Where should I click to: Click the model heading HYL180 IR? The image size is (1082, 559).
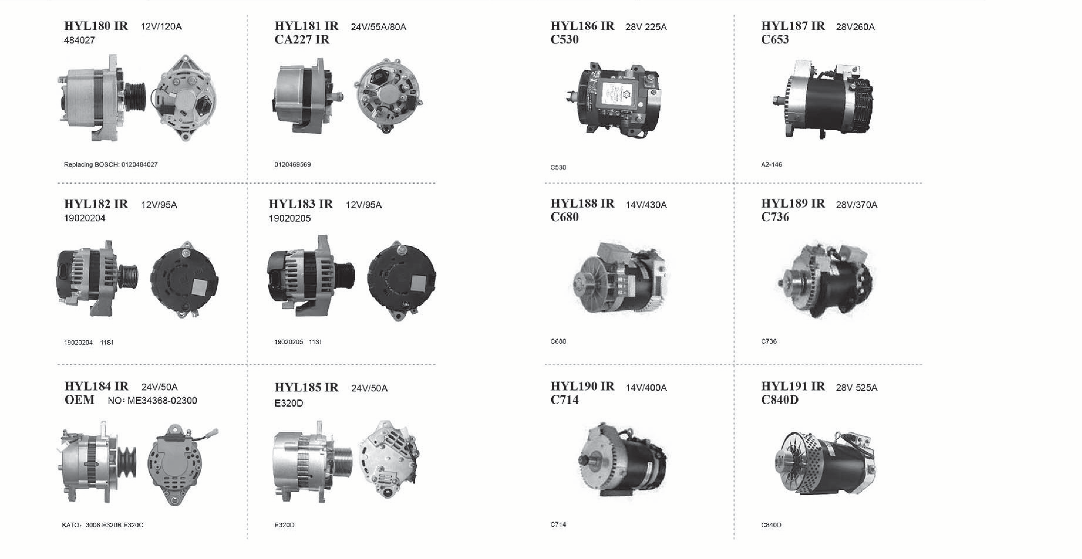[x=96, y=26]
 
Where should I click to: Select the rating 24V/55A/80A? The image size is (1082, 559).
[x=378, y=27]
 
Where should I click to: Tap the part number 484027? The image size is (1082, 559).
[x=79, y=40]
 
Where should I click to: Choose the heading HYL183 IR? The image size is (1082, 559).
[x=301, y=204]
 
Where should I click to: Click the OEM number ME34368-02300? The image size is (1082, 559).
[x=162, y=401]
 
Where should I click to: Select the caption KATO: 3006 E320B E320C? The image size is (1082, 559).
[x=102, y=525]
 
